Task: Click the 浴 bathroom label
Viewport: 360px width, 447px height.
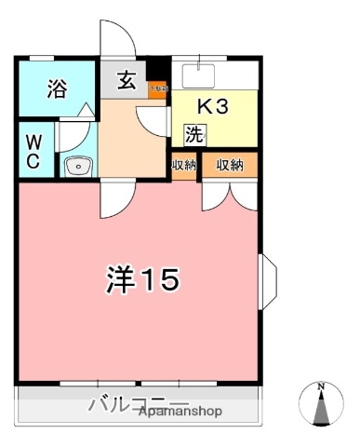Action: [58, 89]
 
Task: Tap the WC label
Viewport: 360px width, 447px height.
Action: [32, 150]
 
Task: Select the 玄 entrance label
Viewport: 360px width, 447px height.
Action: [127, 82]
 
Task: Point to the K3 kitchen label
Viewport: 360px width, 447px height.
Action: [213, 104]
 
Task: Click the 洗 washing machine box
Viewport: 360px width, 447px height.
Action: [194, 134]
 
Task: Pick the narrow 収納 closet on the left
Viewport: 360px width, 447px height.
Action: [183, 165]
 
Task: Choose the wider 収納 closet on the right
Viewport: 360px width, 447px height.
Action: [230, 165]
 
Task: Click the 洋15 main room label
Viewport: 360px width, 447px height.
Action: [140, 278]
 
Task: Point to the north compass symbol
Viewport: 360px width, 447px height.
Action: [321, 408]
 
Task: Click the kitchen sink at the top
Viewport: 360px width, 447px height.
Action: [198, 72]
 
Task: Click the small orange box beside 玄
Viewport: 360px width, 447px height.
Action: [159, 89]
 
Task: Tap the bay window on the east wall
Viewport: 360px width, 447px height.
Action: [268, 281]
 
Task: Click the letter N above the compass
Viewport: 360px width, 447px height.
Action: [321, 386]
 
